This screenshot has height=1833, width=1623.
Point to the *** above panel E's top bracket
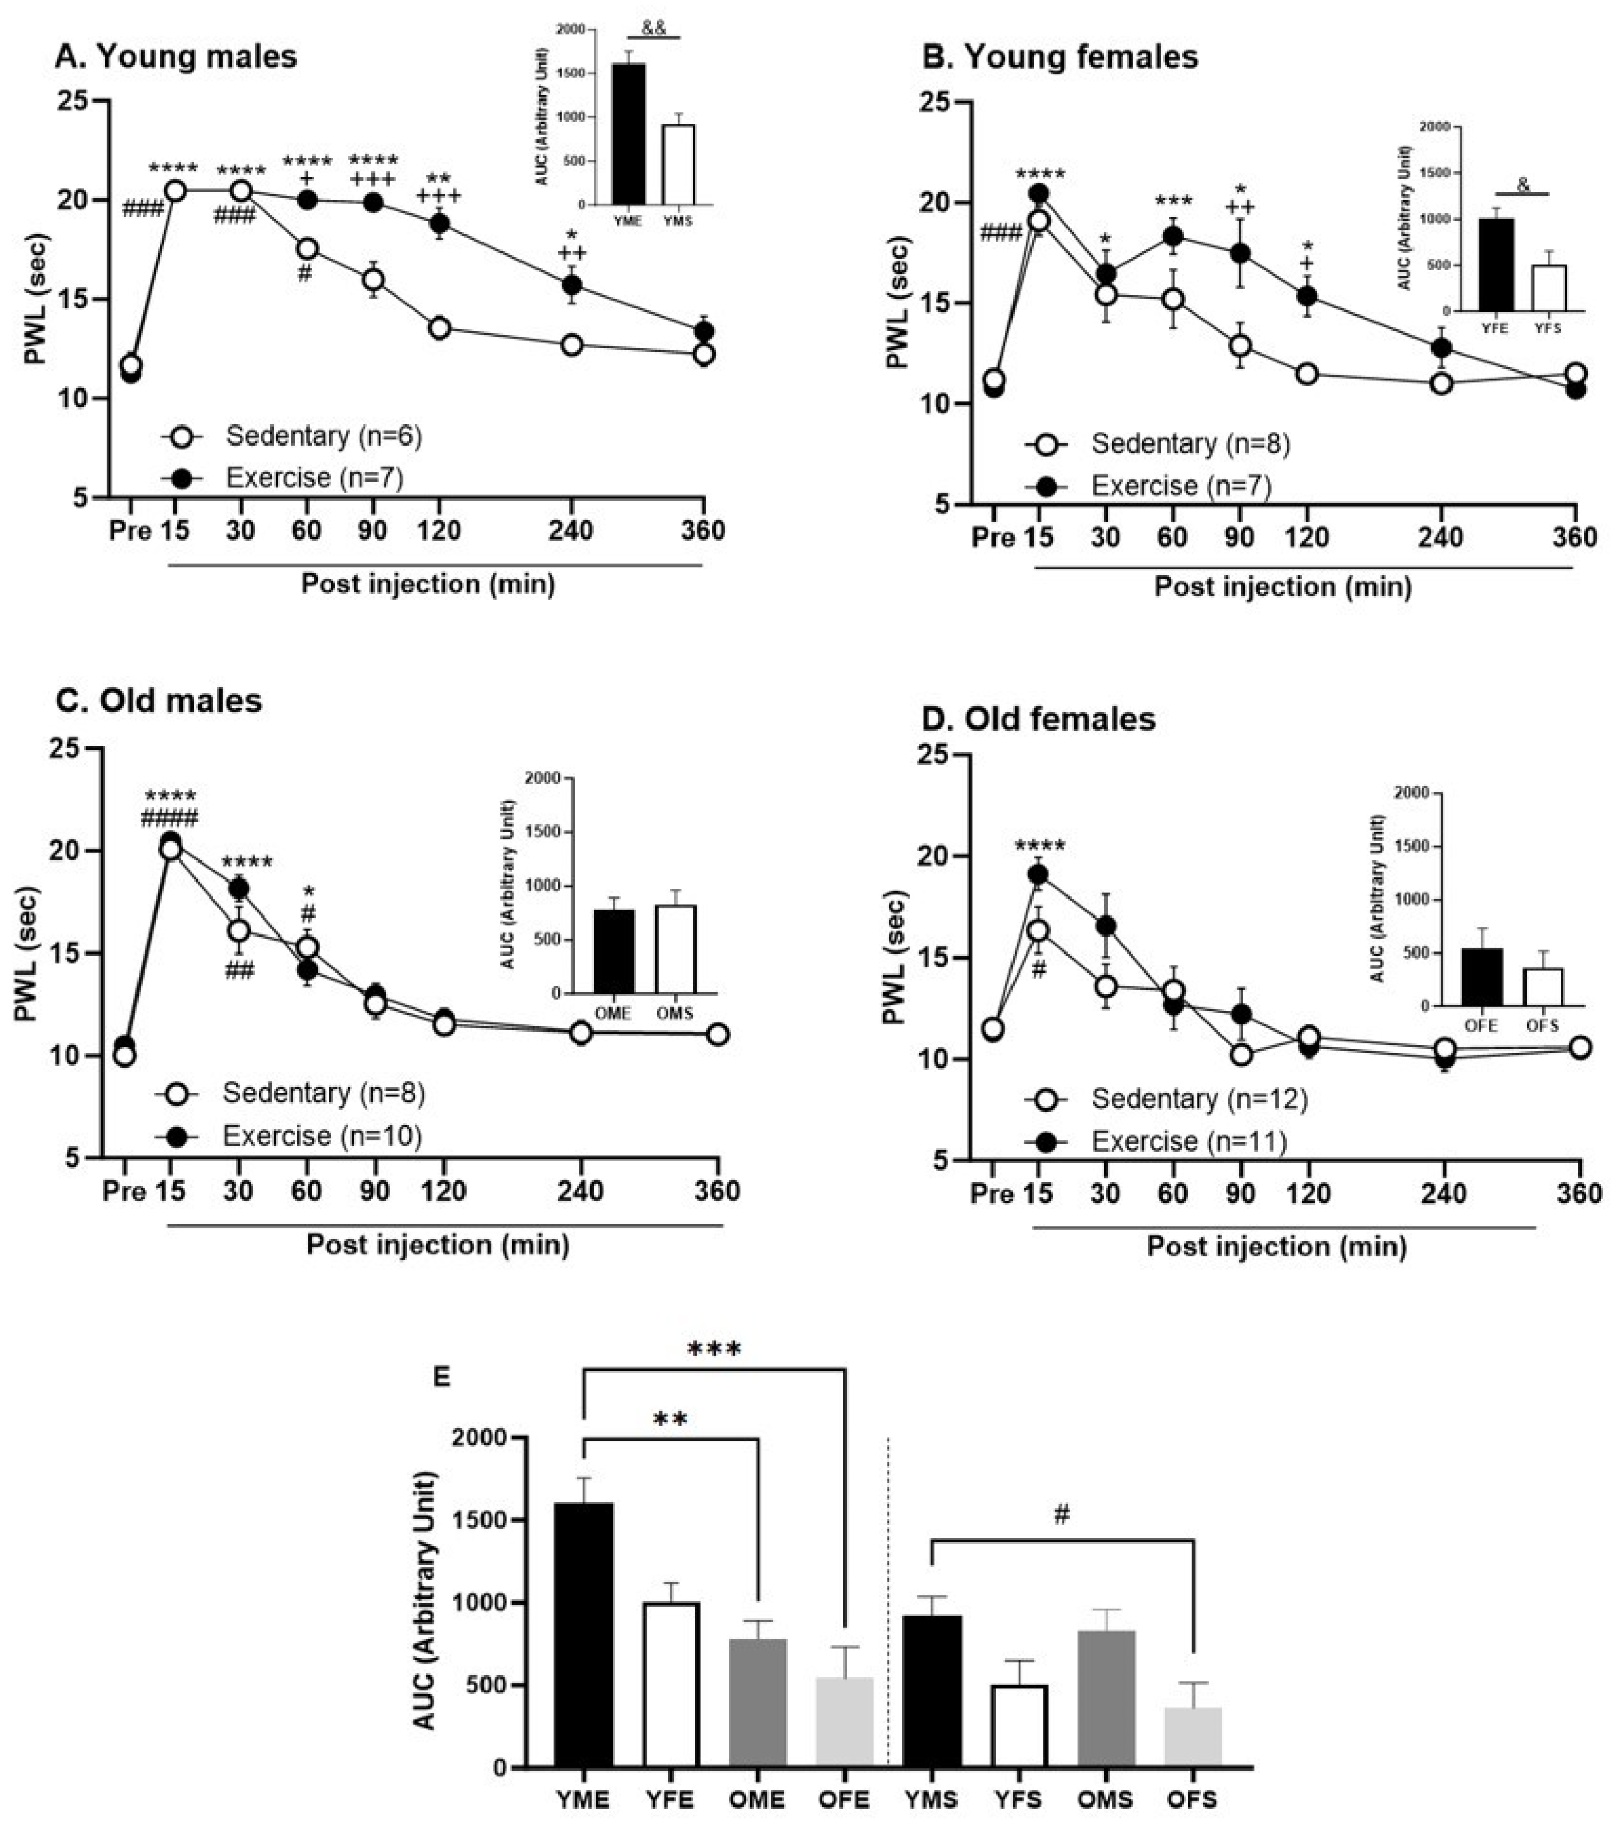[714, 1349]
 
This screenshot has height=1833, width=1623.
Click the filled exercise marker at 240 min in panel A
[571, 285]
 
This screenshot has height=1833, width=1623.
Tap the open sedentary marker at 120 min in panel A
[439, 327]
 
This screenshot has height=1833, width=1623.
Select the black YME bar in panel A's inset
[627, 134]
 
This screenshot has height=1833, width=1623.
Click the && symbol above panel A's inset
[655, 28]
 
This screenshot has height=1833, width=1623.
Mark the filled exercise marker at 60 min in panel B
[1172, 236]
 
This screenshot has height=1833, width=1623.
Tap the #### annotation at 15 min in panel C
[170, 817]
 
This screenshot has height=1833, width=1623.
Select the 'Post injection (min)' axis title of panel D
[1276, 1246]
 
